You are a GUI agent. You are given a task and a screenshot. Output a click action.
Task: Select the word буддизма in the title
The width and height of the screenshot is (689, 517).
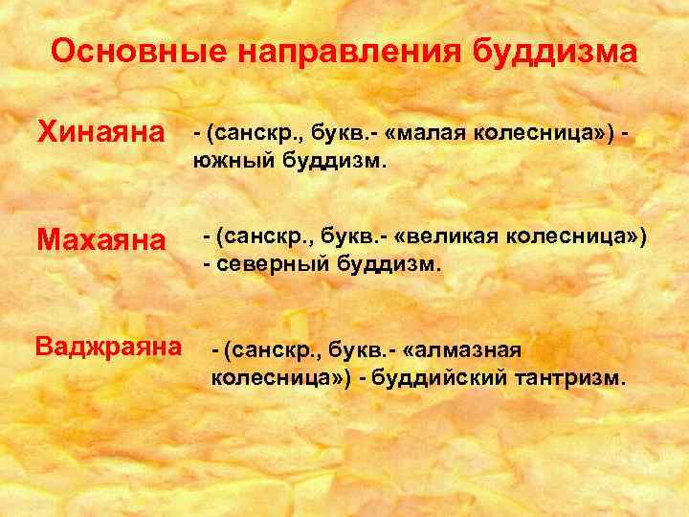[554, 52]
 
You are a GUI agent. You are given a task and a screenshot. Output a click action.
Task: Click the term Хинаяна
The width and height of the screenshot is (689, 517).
[100, 135]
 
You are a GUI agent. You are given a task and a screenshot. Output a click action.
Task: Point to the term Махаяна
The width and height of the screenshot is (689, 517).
[100, 238]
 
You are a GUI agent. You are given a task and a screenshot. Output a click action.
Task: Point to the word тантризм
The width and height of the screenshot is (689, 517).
[573, 378]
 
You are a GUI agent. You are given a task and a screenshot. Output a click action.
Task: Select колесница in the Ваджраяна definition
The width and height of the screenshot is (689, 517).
[271, 378]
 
